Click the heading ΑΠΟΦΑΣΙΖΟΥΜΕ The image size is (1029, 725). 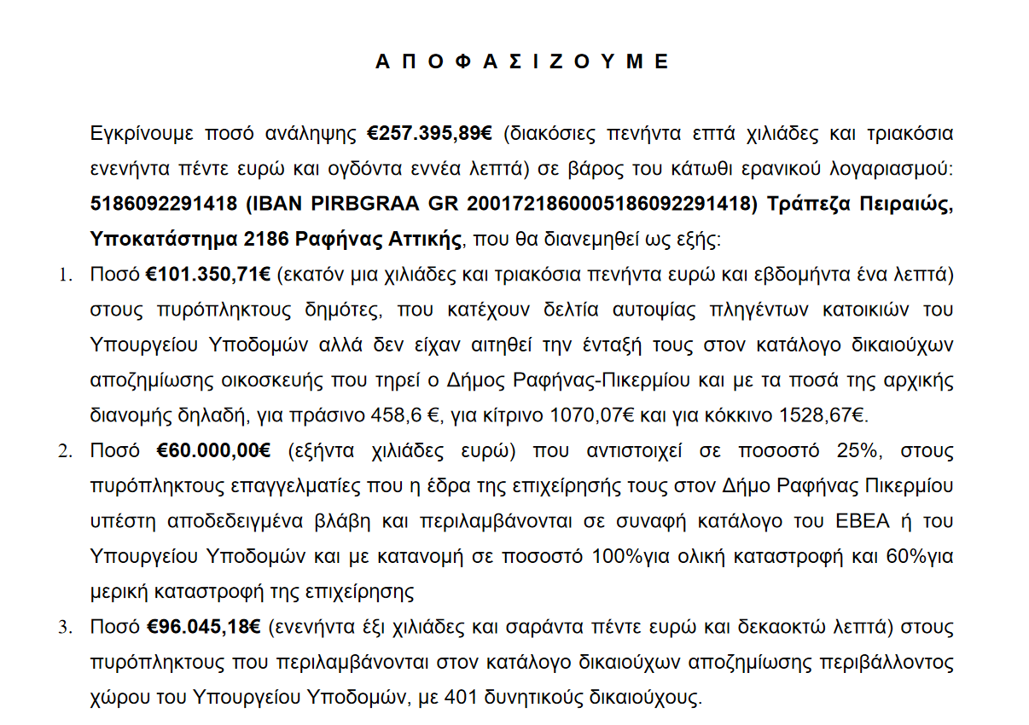coord(522,61)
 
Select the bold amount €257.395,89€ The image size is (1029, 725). coord(430,134)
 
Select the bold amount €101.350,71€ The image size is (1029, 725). coord(207,275)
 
